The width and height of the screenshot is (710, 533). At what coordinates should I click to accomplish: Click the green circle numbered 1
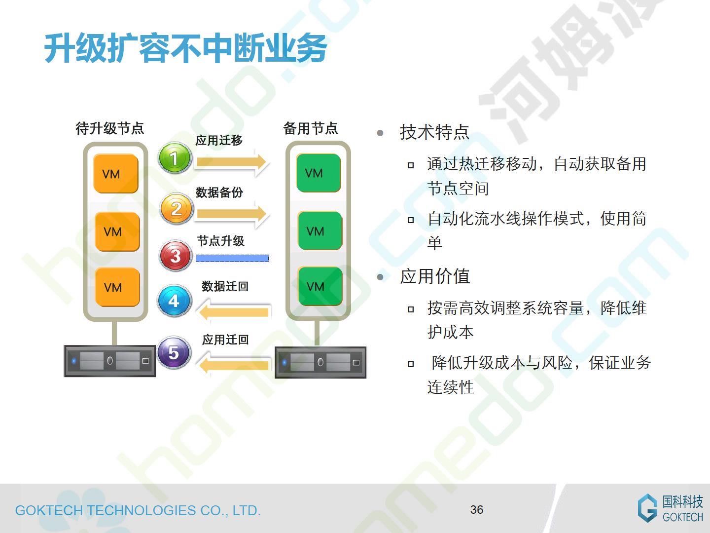pyautogui.click(x=175, y=158)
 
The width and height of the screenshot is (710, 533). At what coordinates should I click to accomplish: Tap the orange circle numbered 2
pyautogui.click(x=177, y=209)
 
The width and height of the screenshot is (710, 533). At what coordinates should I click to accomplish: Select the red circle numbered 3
pyautogui.click(x=176, y=255)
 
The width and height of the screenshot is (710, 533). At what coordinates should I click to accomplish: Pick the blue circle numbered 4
pyautogui.click(x=175, y=301)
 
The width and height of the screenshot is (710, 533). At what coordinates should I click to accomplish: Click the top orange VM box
pyautogui.click(x=116, y=173)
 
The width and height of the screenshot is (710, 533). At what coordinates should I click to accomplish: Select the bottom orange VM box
pyautogui.click(x=117, y=287)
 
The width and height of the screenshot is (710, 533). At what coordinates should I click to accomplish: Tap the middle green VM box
pyautogui.click(x=319, y=230)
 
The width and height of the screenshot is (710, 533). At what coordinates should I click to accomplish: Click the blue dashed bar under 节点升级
pyautogui.click(x=232, y=258)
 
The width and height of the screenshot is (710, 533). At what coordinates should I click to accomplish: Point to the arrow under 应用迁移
pyautogui.click(x=231, y=162)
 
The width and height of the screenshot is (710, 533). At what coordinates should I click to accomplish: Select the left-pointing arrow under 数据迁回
pyautogui.click(x=234, y=312)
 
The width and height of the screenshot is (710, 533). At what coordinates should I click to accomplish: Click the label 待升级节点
pyautogui.click(x=109, y=128)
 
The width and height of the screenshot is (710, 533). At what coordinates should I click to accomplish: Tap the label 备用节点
pyautogui.click(x=311, y=128)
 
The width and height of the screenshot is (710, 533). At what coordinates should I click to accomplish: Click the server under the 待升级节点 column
pyautogui.click(x=109, y=361)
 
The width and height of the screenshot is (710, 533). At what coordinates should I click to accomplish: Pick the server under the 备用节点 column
pyautogui.click(x=320, y=362)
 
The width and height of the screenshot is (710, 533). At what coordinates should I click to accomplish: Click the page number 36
pyautogui.click(x=477, y=510)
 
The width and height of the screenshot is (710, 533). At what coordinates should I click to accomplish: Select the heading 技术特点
pyautogui.click(x=434, y=132)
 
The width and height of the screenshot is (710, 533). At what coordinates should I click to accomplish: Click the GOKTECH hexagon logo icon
pyautogui.click(x=647, y=508)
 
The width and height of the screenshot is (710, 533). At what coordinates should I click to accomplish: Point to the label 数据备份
pyautogui.click(x=219, y=192)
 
